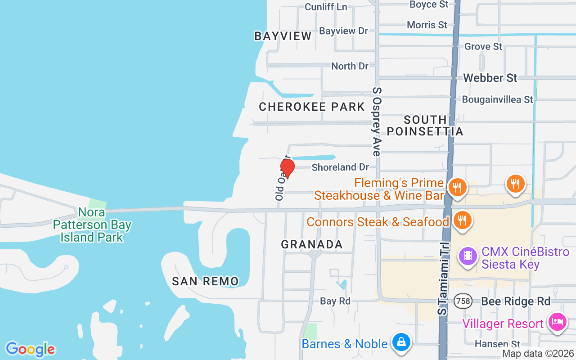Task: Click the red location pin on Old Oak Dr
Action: [x=287, y=168]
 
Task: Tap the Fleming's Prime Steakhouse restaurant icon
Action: [x=457, y=186]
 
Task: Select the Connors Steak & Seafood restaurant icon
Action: [x=462, y=220]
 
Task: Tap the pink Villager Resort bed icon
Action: [x=557, y=322]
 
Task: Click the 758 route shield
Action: [x=463, y=301]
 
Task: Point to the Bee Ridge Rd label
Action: [x=516, y=301]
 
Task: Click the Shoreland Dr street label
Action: [x=340, y=167]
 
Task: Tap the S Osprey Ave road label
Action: [x=377, y=121]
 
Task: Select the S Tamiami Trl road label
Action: [x=443, y=279]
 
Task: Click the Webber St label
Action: [x=490, y=78]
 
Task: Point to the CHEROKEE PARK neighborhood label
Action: [x=311, y=107]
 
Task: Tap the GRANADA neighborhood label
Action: [x=311, y=244]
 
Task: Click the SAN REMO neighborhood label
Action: [x=205, y=281]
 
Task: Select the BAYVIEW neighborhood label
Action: [x=283, y=36]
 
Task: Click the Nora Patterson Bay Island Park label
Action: [x=92, y=224]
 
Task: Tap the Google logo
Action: [x=30, y=349]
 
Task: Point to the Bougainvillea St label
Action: [x=497, y=99]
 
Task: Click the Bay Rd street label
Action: [x=335, y=301]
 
